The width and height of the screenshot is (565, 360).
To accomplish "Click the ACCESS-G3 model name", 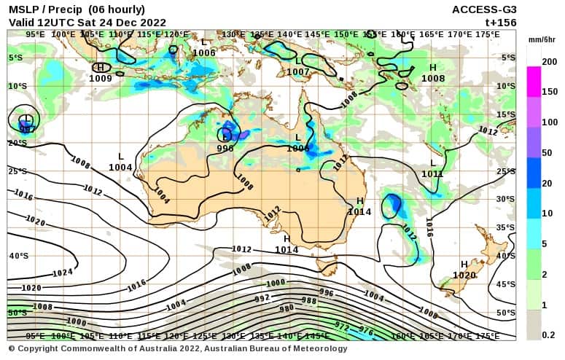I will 484,9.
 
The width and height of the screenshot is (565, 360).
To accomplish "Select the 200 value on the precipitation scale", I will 549,63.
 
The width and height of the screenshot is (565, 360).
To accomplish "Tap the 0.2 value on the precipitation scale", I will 549,335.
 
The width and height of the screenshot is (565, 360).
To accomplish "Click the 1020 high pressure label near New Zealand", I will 464,275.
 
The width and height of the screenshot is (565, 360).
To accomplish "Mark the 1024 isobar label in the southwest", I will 63,273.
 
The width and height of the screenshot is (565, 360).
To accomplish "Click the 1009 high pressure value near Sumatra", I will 101,78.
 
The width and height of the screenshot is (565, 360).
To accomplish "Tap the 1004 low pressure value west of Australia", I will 120,167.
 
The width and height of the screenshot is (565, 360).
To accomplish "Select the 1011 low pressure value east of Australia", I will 432,174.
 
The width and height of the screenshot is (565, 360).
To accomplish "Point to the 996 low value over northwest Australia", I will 225,148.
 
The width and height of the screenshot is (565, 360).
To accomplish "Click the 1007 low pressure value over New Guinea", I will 298,72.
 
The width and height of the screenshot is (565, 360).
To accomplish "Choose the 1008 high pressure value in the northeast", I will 433,78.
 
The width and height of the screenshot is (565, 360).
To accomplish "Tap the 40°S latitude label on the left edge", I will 19,256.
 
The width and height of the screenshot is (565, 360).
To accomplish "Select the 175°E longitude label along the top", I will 488,34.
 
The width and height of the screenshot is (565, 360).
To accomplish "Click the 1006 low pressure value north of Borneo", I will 204,53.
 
